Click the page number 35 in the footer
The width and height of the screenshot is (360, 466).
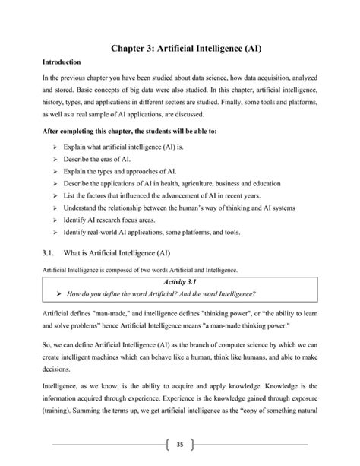(x=180, y=445)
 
